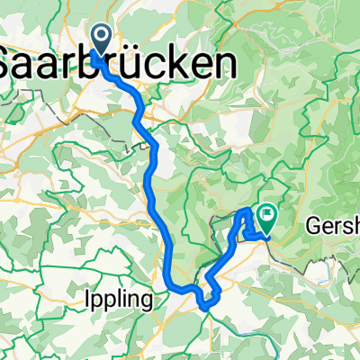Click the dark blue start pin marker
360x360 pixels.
pos(99,38)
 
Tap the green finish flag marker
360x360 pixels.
pos(266,215)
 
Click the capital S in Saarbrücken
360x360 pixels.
pos(11,63)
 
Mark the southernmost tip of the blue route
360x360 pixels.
pos(207,308)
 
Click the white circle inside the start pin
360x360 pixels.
pos(99,36)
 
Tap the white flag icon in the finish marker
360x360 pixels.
pos(266,213)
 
